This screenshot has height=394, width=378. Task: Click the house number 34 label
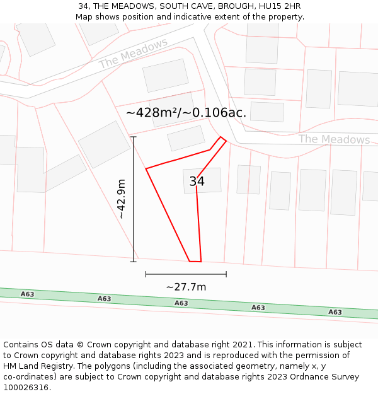tap(197, 182)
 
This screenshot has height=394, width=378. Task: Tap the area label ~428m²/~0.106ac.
tap(186, 113)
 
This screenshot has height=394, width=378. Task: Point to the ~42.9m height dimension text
tap(121, 199)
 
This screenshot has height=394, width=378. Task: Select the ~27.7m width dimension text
tap(186, 287)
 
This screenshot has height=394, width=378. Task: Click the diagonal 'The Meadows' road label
tap(134, 53)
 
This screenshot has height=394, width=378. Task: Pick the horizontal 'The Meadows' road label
tap(334, 139)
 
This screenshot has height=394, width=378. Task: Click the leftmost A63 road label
tap(27, 294)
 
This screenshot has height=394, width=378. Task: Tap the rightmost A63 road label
tap(335, 312)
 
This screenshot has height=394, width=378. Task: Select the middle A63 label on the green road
tap(181, 303)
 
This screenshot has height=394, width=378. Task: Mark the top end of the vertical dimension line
tap(133, 137)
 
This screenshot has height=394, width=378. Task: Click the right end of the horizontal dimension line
tap(226, 274)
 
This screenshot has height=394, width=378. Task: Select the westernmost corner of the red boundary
tap(146, 169)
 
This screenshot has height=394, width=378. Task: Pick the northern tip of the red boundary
tap(220, 137)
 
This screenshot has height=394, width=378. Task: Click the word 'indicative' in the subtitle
tap(219, 17)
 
